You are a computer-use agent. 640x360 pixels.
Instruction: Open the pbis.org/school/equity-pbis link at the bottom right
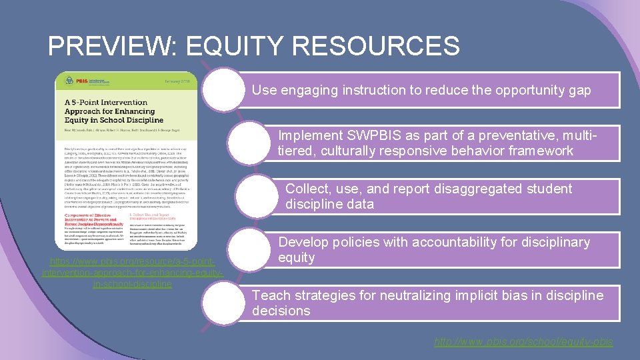pos(523,341)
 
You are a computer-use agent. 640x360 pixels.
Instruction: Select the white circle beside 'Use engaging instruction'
pos(224,89)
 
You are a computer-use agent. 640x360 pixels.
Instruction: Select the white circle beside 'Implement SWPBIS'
pos(251,143)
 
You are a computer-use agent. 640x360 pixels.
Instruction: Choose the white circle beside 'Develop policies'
pos(251,249)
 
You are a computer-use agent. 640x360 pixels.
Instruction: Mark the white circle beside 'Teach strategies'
pos(224,303)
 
